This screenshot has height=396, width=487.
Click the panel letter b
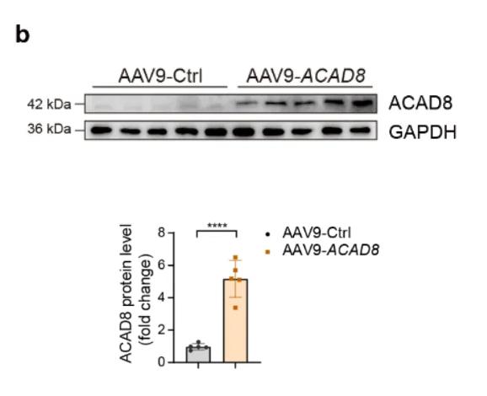23,35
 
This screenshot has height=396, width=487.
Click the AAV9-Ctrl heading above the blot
160,76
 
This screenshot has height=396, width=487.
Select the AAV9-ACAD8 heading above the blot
306,76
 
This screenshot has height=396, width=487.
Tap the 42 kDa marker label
49,104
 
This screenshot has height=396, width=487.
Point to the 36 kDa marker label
49,129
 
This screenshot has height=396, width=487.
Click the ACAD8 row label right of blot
420,103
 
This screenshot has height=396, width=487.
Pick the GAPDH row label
423,131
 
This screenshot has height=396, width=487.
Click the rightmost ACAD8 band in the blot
362,103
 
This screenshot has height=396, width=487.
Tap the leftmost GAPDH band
101,130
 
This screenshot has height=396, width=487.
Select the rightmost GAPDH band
361,131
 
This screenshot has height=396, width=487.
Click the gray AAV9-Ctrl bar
198,355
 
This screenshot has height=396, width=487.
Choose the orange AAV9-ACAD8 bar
235,321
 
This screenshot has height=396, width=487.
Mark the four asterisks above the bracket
217,226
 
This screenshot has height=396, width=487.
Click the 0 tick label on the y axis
162,362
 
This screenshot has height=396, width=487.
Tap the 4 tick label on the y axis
162,297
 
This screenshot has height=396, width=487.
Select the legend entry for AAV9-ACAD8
322,250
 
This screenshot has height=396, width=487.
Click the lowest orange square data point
235,308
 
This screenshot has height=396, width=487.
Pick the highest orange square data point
235,258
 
